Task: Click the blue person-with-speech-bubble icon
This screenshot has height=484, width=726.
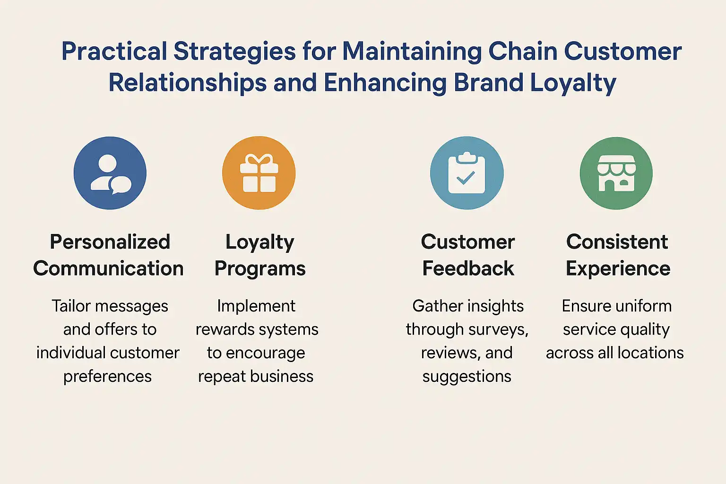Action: click(x=110, y=173)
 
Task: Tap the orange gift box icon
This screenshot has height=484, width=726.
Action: click(x=259, y=173)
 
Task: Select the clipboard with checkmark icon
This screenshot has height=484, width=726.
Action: click(x=467, y=173)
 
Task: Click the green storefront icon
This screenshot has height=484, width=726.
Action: click(x=616, y=173)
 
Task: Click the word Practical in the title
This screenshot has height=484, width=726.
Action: click(x=114, y=52)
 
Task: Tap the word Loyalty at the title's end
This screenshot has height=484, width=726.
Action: click(x=573, y=83)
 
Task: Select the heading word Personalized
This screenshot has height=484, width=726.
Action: click(x=110, y=242)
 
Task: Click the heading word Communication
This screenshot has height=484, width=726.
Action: click(x=108, y=268)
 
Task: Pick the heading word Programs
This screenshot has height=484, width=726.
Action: click(x=260, y=268)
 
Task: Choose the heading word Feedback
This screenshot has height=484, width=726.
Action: click(x=468, y=268)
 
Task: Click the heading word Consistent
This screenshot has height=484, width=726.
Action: click(x=617, y=242)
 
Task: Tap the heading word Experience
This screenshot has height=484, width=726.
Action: click(x=618, y=268)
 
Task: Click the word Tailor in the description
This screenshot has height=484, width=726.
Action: click(x=71, y=306)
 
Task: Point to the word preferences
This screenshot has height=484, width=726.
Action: click(x=108, y=377)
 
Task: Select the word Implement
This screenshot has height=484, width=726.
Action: click(x=256, y=306)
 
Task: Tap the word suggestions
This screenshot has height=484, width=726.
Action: click(x=467, y=377)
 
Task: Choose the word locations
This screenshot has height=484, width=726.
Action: click(x=650, y=353)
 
